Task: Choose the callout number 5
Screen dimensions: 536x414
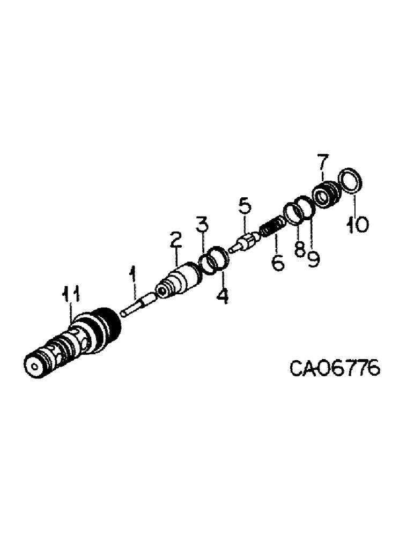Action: click(244, 205)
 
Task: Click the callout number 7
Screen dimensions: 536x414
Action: click(321, 162)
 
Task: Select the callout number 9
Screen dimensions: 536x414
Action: click(313, 258)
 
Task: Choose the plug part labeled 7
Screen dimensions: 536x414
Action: click(326, 195)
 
